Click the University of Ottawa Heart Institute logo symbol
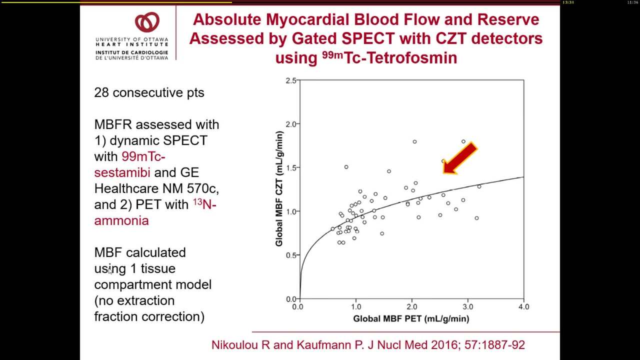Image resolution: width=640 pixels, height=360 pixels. tap(147, 23)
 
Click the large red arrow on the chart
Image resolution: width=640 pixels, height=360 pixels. tap(459, 158)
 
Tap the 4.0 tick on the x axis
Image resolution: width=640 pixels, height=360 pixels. tap(523, 306)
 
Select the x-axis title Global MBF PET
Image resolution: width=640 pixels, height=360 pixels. tap(411, 318)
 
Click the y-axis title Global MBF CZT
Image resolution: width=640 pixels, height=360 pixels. tap(279, 188)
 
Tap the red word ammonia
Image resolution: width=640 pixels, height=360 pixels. tap(121, 220)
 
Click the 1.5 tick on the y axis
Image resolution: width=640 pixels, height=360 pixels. tap(290, 168)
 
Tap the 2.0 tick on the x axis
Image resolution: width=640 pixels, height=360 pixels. tap(411, 306)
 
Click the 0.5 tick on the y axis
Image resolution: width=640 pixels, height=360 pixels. tap(290, 255)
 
